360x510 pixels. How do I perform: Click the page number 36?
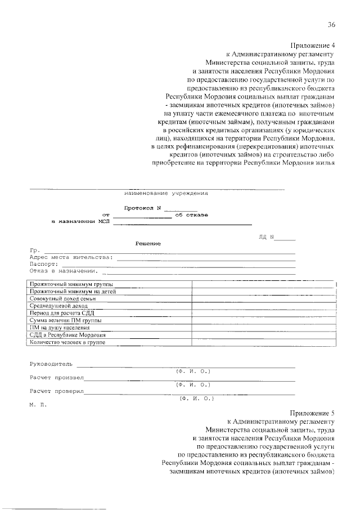coord(331,24)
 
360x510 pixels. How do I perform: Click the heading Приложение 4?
coord(313,45)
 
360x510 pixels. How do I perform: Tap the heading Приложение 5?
coord(313,412)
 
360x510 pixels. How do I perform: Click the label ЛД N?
coord(265,236)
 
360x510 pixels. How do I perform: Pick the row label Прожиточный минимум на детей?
coord(73,292)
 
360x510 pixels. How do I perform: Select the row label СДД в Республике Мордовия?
coord(67,334)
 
